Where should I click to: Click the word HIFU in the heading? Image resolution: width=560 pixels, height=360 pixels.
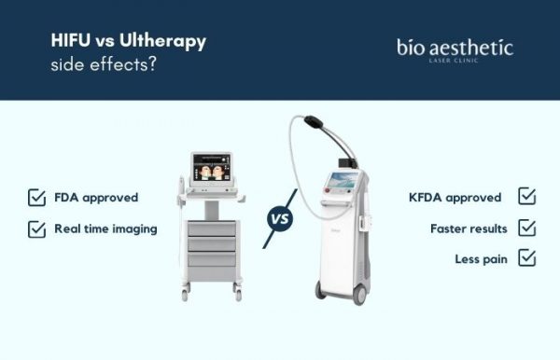pos(68,42)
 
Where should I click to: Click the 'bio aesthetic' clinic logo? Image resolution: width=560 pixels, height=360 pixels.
pos(455,49)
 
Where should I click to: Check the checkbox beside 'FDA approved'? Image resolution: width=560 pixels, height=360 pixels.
pos(36,198)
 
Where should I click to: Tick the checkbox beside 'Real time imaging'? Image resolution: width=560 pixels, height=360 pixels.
pos(36,228)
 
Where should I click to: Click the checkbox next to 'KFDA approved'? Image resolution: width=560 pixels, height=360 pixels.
pos(526,197)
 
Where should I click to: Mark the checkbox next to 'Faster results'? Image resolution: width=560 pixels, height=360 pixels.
pos(526,228)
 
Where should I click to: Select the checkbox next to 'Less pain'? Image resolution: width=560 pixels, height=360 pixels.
pos(526,258)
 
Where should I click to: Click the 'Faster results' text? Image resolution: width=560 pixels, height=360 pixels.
pos(469,228)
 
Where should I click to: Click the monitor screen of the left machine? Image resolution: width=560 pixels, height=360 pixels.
pos(211,170)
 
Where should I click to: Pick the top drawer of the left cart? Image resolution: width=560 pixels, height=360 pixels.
pos(211,228)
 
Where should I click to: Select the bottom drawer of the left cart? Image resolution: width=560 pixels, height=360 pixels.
pos(211,261)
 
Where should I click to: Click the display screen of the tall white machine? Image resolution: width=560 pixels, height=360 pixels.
pos(342,183)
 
